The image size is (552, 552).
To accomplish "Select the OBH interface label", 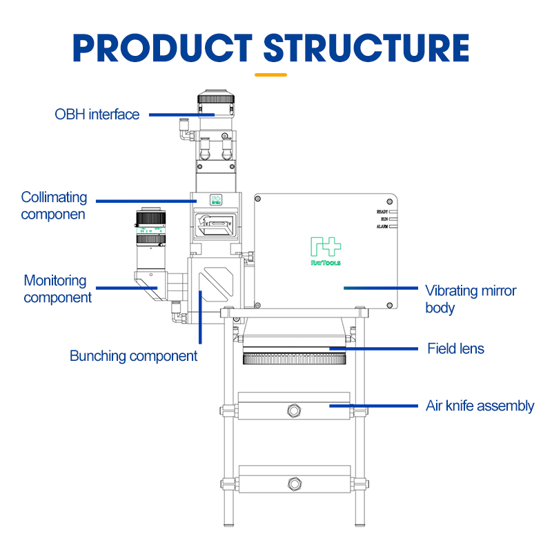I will click(97, 115).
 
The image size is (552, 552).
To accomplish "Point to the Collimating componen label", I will click(54, 206).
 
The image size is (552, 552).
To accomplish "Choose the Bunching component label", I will click(133, 356).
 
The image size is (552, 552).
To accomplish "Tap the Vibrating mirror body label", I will click(470, 299).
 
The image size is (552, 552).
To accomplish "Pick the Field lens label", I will click(455, 348).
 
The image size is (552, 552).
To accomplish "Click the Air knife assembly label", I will click(480, 406).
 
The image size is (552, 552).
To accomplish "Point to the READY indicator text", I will click(383, 212).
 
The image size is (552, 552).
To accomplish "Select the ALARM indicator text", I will click(383, 226).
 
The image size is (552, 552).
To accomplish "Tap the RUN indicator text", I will click(384, 219).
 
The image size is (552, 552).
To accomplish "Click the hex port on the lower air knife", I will click(295, 482).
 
